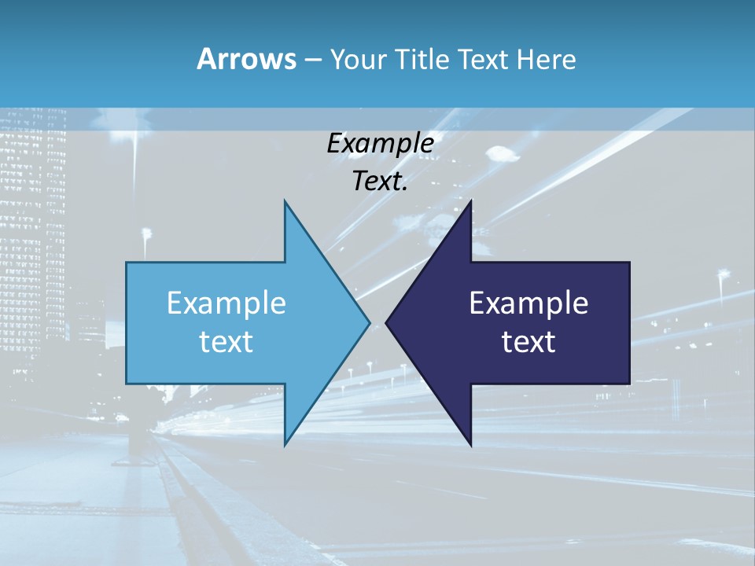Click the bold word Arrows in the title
click(x=246, y=59)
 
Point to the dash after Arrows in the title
click(x=312, y=60)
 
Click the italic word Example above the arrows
click(x=381, y=144)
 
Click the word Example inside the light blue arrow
click(x=226, y=303)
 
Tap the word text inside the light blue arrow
click(x=226, y=341)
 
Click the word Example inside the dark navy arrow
click(x=528, y=303)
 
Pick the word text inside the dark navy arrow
click(x=528, y=341)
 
